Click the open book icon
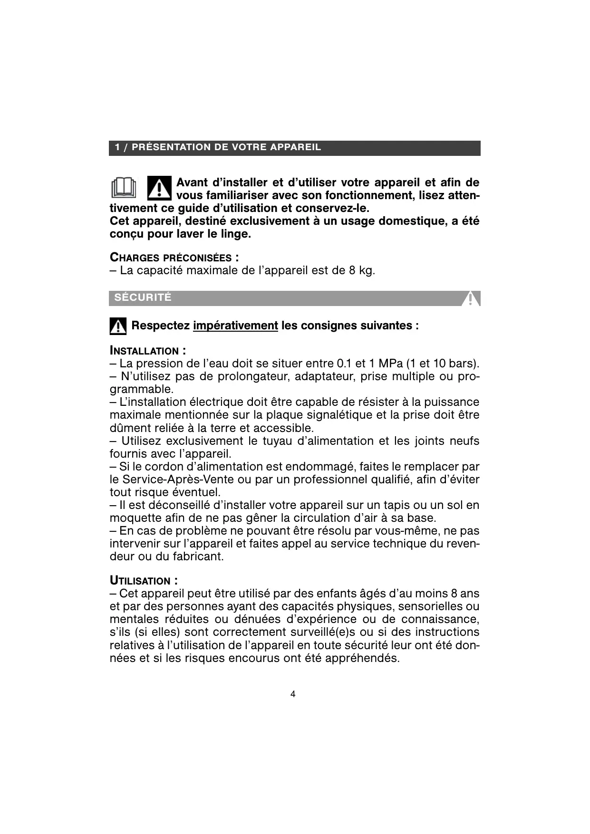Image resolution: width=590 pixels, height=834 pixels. click(x=124, y=187)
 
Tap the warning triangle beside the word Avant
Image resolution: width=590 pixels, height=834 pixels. click(x=159, y=188)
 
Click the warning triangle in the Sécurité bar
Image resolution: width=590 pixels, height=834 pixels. click(x=471, y=299)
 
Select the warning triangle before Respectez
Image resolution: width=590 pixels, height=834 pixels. click(x=118, y=326)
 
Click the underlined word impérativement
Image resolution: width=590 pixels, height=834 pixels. click(x=235, y=326)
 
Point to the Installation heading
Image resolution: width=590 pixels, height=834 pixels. click(x=147, y=351)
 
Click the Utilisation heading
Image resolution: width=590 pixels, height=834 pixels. click(x=144, y=581)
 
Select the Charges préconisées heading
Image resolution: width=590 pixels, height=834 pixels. click(x=174, y=258)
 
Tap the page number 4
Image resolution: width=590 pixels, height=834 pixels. click(x=293, y=694)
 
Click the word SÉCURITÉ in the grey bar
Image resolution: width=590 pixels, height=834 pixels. click(x=143, y=297)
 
